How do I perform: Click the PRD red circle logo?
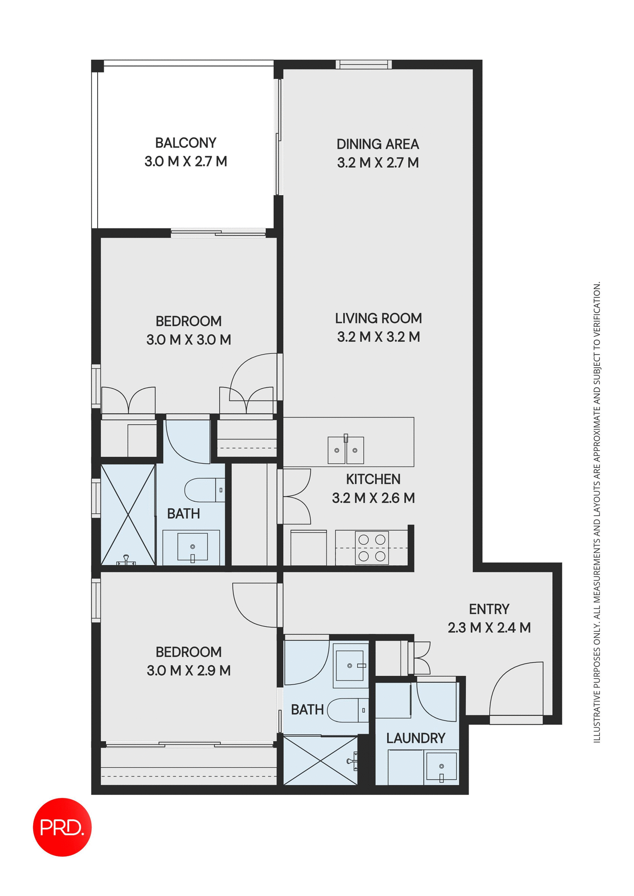[x=62, y=827]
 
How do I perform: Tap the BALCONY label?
[x=185, y=143]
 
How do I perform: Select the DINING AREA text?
[x=378, y=144]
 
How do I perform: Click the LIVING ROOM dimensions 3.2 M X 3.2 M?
[x=378, y=337]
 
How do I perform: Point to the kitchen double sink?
[x=346, y=450]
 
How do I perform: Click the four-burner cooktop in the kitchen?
[x=372, y=548]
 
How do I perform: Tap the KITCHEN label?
[x=373, y=479]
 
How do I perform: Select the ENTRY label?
[x=489, y=609]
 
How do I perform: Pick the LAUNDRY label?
[x=415, y=738]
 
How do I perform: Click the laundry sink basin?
[x=441, y=766]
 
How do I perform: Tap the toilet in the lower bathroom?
[x=348, y=710]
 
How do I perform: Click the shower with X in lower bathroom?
[x=321, y=761]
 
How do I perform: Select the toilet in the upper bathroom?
[x=205, y=490]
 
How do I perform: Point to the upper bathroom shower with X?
[x=128, y=514]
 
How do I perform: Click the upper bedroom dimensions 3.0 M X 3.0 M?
[x=189, y=340]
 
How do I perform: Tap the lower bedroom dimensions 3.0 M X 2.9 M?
[x=189, y=671]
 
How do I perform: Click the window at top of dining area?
[x=363, y=64]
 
